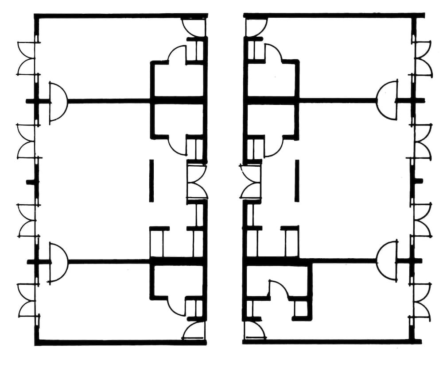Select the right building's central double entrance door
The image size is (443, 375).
[x=250, y=181]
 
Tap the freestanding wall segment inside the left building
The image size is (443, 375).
[x=151, y=181]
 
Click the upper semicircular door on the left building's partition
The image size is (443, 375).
[x=58, y=101]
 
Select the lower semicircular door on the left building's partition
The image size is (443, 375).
[x=58, y=262]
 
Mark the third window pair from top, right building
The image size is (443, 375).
[x=423, y=220]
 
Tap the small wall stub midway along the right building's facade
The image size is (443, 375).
[x=418, y=181]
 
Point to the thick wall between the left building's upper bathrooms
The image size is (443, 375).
[x=177, y=100]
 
